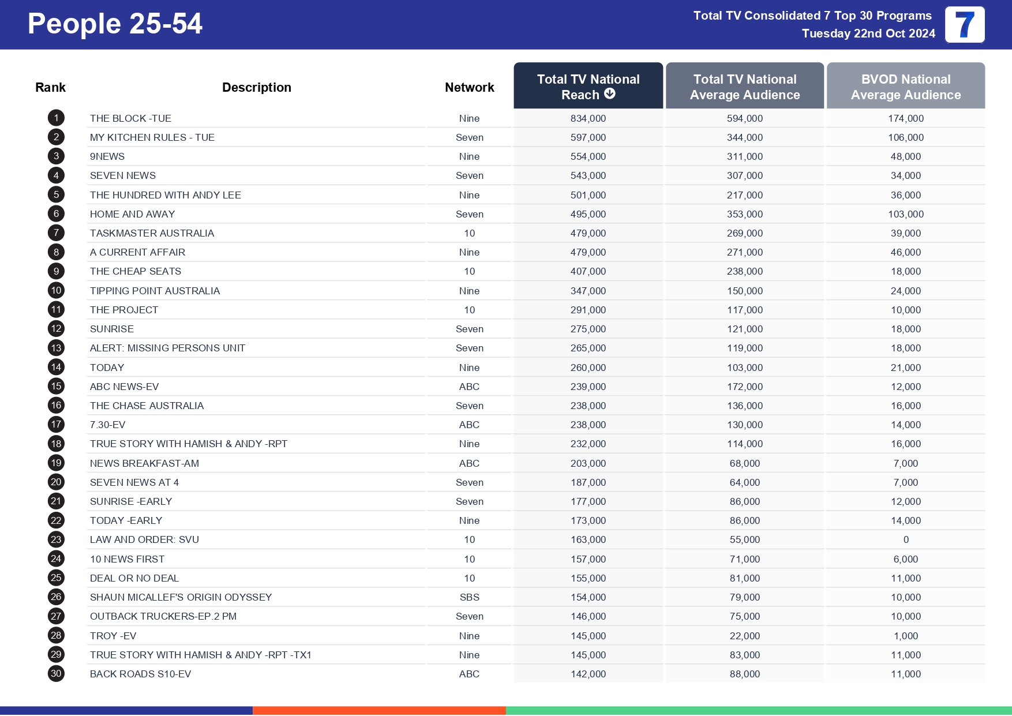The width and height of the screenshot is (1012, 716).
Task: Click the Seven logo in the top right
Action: [x=964, y=25]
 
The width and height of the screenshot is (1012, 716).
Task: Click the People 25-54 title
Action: [x=115, y=24]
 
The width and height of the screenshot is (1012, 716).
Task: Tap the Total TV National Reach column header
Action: [x=588, y=87]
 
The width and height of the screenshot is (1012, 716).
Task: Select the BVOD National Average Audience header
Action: [x=905, y=87]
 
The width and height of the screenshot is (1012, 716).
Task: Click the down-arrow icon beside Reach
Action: [x=610, y=94]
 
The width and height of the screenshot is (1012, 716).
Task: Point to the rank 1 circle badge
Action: [x=56, y=118]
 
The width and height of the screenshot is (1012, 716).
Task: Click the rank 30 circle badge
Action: [x=56, y=673]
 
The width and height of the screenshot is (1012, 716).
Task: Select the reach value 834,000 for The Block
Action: [x=588, y=118]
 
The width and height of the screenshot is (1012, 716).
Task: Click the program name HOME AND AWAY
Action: [x=132, y=214]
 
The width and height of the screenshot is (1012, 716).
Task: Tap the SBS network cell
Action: [x=469, y=597]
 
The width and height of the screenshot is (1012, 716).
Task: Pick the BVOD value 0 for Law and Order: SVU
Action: [x=905, y=539]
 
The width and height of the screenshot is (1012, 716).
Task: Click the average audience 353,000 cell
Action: [x=744, y=214]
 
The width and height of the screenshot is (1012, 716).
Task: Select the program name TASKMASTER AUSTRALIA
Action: [x=152, y=233]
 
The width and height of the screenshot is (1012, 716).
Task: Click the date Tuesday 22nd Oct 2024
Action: [x=868, y=33]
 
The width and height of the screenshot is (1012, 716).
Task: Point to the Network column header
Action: [x=469, y=87]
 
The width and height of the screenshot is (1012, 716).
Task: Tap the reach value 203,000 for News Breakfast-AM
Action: [x=588, y=463]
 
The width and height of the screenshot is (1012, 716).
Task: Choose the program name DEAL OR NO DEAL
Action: [x=134, y=578]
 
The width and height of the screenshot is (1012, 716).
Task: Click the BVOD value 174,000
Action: [x=905, y=118]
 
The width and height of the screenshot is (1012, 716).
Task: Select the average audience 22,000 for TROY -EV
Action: [x=744, y=636]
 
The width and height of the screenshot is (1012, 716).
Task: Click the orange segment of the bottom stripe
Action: [x=379, y=710]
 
